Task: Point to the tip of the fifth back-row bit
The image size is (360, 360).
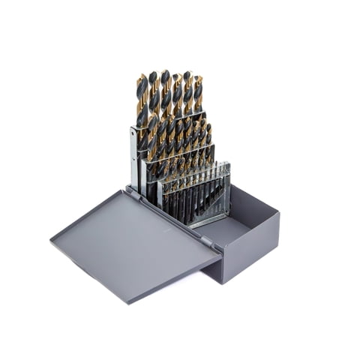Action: [187, 75]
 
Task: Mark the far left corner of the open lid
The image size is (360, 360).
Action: [53, 241]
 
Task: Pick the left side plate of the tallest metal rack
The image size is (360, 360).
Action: [133, 157]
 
